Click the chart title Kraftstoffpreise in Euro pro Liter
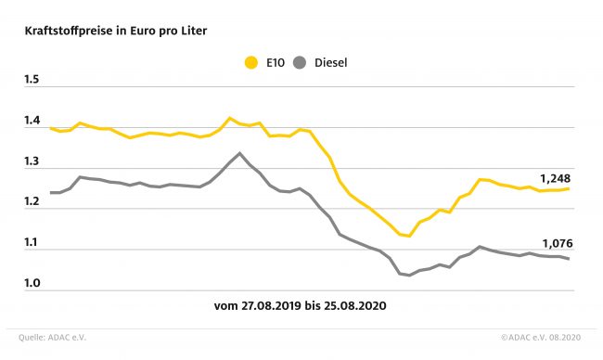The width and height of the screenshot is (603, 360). tap(116, 31)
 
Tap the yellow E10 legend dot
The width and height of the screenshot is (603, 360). tap(251, 63)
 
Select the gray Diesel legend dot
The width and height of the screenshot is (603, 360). tap(300, 63)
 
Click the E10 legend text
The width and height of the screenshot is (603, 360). tap(276, 63)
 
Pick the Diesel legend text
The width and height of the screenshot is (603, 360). tap(331, 63)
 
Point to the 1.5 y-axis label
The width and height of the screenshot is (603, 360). tap(32, 80)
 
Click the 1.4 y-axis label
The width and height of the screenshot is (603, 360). tap(32, 121)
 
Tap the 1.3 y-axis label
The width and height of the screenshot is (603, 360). tap(32, 161)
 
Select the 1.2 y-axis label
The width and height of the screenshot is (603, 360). tap(32, 201)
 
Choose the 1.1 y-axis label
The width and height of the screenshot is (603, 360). tap(32, 242)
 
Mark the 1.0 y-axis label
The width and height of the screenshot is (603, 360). tap(32, 283)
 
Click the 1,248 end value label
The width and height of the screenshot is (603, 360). tap(556, 178)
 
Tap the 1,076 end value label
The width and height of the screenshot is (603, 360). tap(558, 243)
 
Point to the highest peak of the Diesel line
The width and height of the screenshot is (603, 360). tap(240, 153)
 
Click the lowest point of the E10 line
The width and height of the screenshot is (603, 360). tap(409, 236)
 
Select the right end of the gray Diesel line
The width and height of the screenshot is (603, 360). tap(569, 259)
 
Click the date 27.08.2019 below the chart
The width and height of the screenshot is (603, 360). tap(271, 306)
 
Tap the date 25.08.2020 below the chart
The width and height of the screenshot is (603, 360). tap(354, 306)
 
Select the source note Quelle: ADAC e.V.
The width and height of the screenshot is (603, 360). tap(52, 338)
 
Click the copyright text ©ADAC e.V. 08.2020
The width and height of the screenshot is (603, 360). tap(541, 338)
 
